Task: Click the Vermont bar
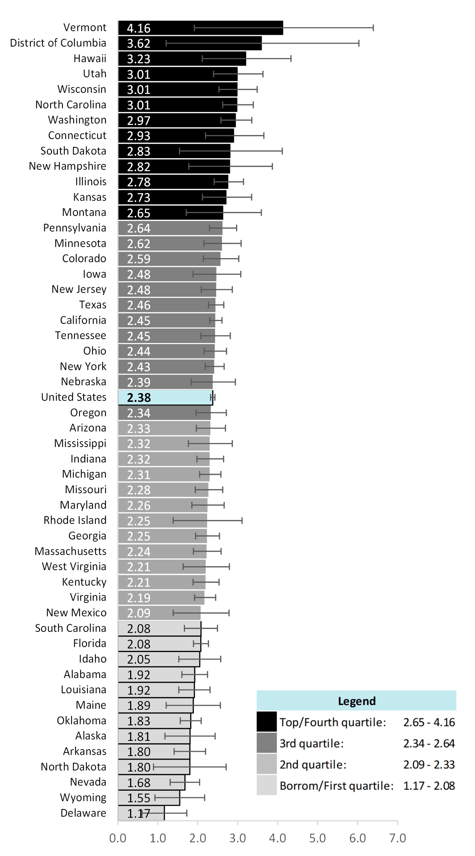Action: [200, 28]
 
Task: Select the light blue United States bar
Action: [165, 397]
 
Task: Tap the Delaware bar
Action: [141, 813]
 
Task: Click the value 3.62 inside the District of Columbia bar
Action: [138, 43]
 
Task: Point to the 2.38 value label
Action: [138, 397]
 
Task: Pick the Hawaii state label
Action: [90, 58]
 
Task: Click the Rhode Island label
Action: [75, 520]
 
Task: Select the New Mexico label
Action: [76, 613]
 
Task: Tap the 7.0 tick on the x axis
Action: [397, 838]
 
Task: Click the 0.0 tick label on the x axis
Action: [118, 838]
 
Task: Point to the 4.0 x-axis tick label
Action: [277, 838]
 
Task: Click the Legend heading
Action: [356, 701]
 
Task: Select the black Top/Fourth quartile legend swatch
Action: [266, 722]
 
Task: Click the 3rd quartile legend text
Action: [311, 743]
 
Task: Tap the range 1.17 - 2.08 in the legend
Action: [429, 786]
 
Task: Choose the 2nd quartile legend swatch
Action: [266, 764]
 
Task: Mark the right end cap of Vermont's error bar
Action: [373, 28]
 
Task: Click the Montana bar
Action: [170, 213]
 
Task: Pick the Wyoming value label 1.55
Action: [138, 798]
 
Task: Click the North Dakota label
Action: [73, 767]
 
